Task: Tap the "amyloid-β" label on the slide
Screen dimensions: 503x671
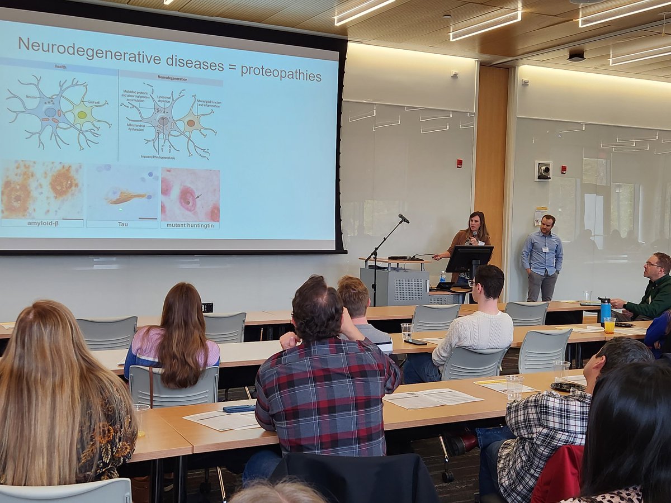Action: click(42, 223)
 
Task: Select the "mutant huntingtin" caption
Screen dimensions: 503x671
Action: click(190, 225)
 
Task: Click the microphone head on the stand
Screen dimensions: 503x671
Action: click(404, 219)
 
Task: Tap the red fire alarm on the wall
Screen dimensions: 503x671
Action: click(459, 163)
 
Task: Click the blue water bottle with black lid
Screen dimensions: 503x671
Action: click(605, 310)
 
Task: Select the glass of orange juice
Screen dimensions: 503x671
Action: click(609, 325)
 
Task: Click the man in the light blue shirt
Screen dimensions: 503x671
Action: click(542, 257)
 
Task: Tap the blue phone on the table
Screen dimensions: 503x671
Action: click(239, 409)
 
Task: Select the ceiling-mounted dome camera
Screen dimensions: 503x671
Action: click(576, 56)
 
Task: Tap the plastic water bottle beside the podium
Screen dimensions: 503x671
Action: click(442, 277)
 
